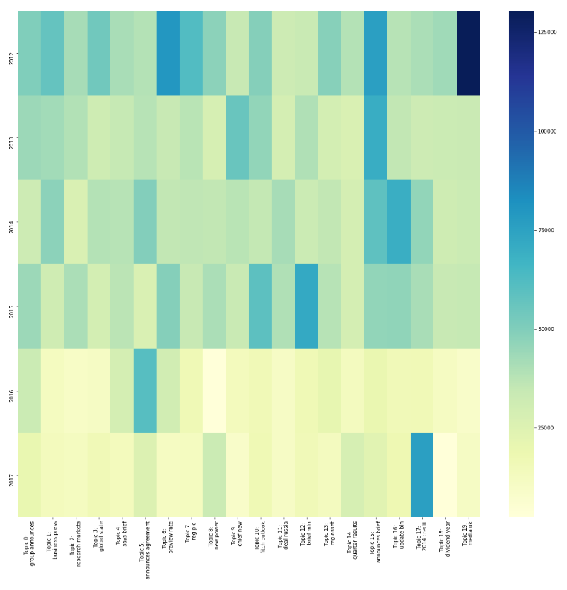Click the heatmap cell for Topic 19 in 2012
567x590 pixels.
[468, 53]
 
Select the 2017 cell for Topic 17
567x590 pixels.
[422, 475]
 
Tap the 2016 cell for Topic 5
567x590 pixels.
[145, 391]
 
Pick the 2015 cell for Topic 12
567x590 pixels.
[307, 306]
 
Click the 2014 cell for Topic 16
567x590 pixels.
[399, 221]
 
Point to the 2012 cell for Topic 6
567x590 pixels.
[168, 53]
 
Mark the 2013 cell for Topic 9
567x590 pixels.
[238, 137]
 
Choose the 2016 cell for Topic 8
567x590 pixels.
[214, 391]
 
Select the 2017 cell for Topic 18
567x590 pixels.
[445, 475]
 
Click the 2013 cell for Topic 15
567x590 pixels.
[376, 137]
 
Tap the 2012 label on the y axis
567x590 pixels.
[11, 57]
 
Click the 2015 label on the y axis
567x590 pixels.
[11, 311]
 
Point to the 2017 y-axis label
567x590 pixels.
[11, 479]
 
